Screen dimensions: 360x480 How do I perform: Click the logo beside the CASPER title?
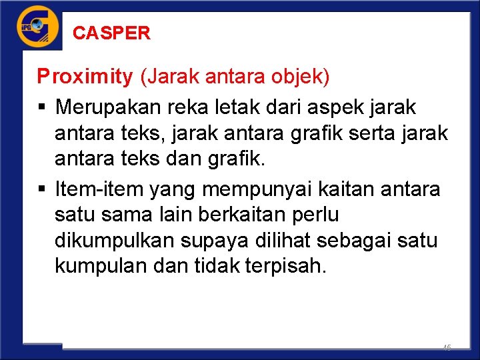pyautogui.click(x=37, y=27)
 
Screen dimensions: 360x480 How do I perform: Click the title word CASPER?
pyautogui.click(x=111, y=33)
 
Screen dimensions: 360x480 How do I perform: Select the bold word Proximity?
pyautogui.click(x=85, y=77)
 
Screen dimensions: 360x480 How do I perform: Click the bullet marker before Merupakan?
pyautogui.click(x=41, y=107)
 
